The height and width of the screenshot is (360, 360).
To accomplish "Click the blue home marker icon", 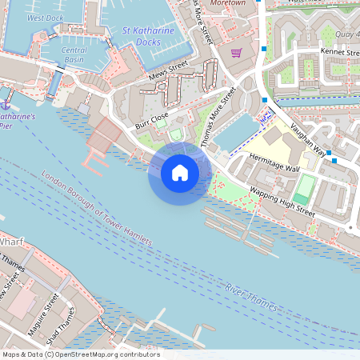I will (180, 172).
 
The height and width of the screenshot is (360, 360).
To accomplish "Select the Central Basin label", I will (74, 54).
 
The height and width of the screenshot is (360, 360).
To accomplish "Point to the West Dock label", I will (46, 17).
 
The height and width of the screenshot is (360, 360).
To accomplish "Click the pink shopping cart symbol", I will (236, 53).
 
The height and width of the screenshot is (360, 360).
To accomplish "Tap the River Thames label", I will (252, 296).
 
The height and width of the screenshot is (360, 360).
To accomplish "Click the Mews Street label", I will (167, 74).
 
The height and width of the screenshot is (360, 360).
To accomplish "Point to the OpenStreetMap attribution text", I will (80, 354).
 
